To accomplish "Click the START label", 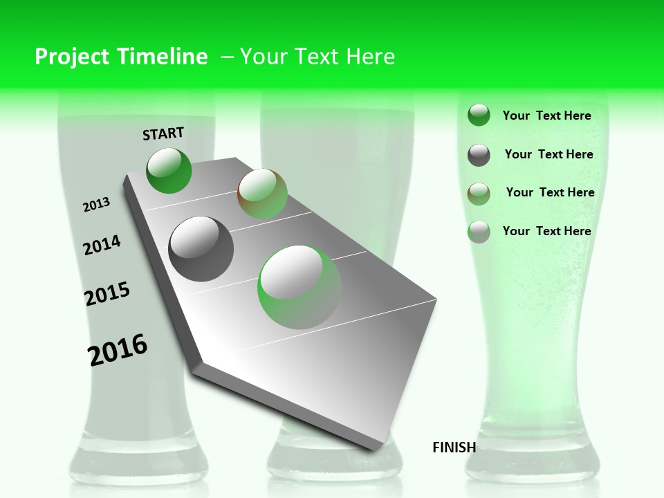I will pyautogui.click(x=163, y=133).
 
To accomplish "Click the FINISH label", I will pyautogui.click(x=454, y=448).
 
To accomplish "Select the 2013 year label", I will pyautogui.click(x=97, y=205).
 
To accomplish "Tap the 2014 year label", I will pyautogui.click(x=102, y=245).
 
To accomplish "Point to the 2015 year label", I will pyautogui.click(x=107, y=294).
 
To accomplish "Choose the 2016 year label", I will pyautogui.click(x=118, y=350).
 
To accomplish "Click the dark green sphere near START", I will pyautogui.click(x=169, y=171).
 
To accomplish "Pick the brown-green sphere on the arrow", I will pyautogui.click(x=262, y=194).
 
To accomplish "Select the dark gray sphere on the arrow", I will pyautogui.click(x=201, y=249).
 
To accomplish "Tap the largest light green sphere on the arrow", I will pyautogui.click(x=299, y=287).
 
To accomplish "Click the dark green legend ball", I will pyautogui.click(x=479, y=115).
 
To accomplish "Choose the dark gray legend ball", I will pyautogui.click(x=479, y=155).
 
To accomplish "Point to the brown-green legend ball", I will pyautogui.click(x=479, y=194).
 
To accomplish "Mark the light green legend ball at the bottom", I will pyautogui.click(x=479, y=232).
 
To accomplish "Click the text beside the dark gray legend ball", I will pyautogui.click(x=548, y=154).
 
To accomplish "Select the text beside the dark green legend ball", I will pyautogui.click(x=546, y=116).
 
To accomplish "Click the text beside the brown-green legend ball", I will pyautogui.click(x=550, y=192).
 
